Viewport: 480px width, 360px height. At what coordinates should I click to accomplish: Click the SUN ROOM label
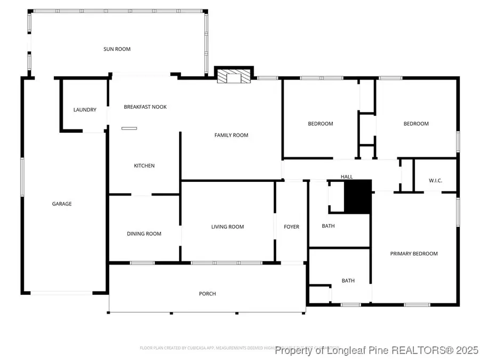tap(117, 49)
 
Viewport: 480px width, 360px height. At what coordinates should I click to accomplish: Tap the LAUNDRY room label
tap(85, 110)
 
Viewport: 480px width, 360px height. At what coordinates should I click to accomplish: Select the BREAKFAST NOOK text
tap(145, 107)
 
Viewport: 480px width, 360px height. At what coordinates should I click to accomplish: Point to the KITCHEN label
tap(144, 166)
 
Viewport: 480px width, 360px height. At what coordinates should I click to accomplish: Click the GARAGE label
tap(62, 204)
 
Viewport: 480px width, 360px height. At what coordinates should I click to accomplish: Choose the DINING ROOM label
tap(144, 234)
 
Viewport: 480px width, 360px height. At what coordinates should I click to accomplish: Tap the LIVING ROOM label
tap(228, 227)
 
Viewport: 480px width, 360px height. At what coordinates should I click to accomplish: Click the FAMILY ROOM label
tap(231, 135)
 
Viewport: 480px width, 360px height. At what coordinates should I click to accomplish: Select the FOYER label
tap(291, 227)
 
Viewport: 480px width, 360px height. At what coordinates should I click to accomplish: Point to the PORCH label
tap(207, 294)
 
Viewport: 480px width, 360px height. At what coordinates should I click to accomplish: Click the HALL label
tap(347, 177)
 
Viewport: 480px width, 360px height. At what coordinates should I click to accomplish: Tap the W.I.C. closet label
tap(435, 180)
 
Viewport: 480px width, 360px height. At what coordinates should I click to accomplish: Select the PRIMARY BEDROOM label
tap(414, 253)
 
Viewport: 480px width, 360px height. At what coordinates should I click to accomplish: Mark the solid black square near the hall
tap(357, 197)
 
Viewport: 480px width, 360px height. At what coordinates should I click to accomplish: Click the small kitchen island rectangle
tap(129, 128)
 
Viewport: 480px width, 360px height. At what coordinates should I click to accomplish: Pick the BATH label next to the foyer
tap(329, 226)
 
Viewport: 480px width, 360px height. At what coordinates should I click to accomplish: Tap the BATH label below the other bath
tap(348, 281)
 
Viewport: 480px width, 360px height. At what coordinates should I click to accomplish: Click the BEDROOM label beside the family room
tap(321, 124)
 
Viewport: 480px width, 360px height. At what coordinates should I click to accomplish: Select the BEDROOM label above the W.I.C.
tap(416, 124)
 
